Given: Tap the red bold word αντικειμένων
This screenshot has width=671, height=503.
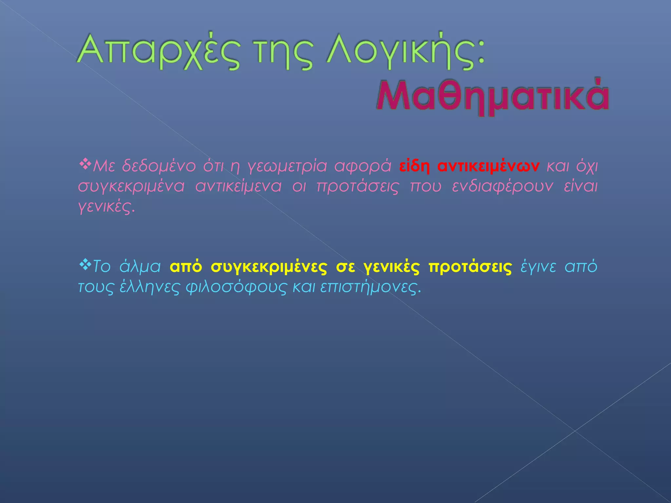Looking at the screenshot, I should point(488,166).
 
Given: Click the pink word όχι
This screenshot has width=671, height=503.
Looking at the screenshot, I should point(587,166).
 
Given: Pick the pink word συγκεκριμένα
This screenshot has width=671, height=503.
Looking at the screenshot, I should point(131,186).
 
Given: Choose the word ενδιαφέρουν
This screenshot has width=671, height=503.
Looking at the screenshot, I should point(503,186).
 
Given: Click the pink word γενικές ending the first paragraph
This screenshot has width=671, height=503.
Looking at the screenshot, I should point(106,206).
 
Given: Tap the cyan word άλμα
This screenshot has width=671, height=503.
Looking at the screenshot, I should point(140,267).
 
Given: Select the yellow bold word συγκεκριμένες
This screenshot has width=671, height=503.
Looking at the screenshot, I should point(269,267).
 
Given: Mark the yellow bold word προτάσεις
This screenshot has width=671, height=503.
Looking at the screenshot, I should point(470,267).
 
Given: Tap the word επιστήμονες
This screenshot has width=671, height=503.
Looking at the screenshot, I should point(370,287).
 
